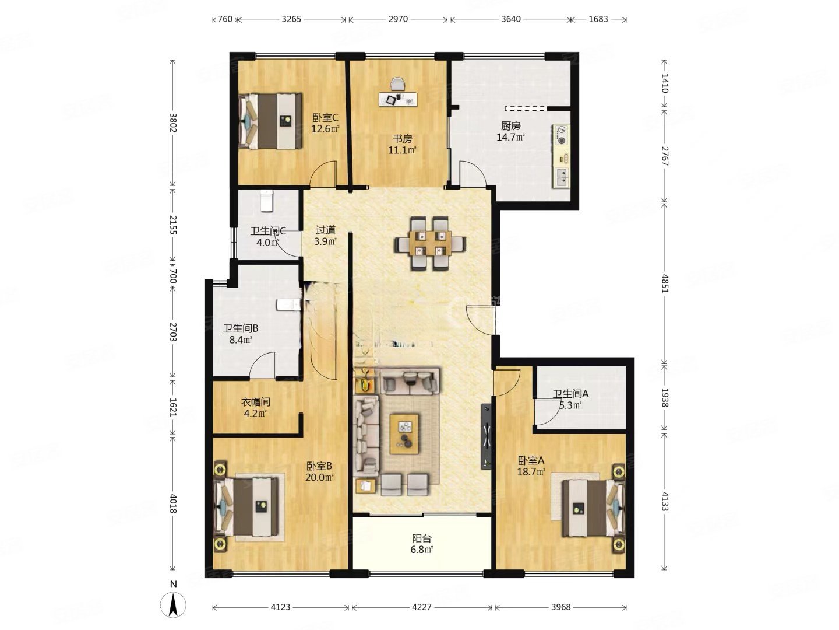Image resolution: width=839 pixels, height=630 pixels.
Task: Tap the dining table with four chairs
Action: [430, 244]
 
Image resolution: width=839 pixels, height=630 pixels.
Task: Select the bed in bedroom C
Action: [270, 121]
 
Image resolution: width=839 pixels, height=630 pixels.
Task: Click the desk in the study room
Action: [398, 99]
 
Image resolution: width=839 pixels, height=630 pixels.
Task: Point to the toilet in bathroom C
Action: [266, 201]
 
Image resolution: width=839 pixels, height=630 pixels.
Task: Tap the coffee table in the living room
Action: [404, 434]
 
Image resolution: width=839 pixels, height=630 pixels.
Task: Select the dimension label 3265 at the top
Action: [291, 19]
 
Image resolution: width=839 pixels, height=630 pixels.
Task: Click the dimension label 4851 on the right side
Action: [665, 283]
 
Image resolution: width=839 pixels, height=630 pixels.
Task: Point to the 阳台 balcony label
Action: [422, 538]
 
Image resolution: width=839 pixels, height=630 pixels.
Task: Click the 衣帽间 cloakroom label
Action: [256, 402]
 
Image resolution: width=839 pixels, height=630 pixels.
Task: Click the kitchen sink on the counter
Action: [561, 177]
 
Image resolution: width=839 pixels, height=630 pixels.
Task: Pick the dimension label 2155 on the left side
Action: [173, 225]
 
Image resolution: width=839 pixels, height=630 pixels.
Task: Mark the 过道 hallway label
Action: [326, 230]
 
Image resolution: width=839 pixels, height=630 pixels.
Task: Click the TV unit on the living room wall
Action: [486, 436]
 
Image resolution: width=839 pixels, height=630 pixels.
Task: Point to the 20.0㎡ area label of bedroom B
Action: [319, 477]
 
